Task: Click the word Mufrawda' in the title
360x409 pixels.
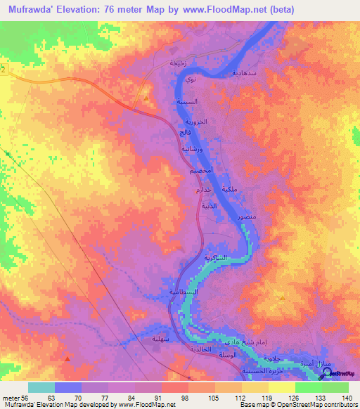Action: pyautogui.click(x=30, y=10)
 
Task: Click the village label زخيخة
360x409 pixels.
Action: pyautogui.click(x=178, y=63)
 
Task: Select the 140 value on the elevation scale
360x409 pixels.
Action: pyautogui.click(x=346, y=397)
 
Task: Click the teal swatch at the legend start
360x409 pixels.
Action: pyautogui.click(x=41, y=387)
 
